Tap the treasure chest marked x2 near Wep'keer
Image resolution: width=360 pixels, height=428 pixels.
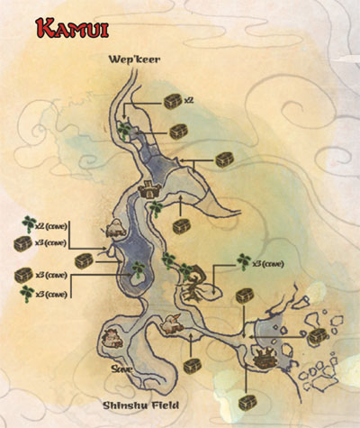coord(171,102)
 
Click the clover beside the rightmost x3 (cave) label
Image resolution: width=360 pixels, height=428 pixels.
coord(243,262)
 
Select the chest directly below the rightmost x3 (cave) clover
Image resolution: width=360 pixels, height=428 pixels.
coord(244,295)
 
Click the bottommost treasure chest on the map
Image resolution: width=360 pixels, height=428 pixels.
coord(248,403)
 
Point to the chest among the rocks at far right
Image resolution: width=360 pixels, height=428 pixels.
coord(318,336)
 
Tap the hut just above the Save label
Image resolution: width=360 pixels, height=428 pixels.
coord(112,339)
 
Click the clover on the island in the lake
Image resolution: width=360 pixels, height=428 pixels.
coord(137,269)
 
